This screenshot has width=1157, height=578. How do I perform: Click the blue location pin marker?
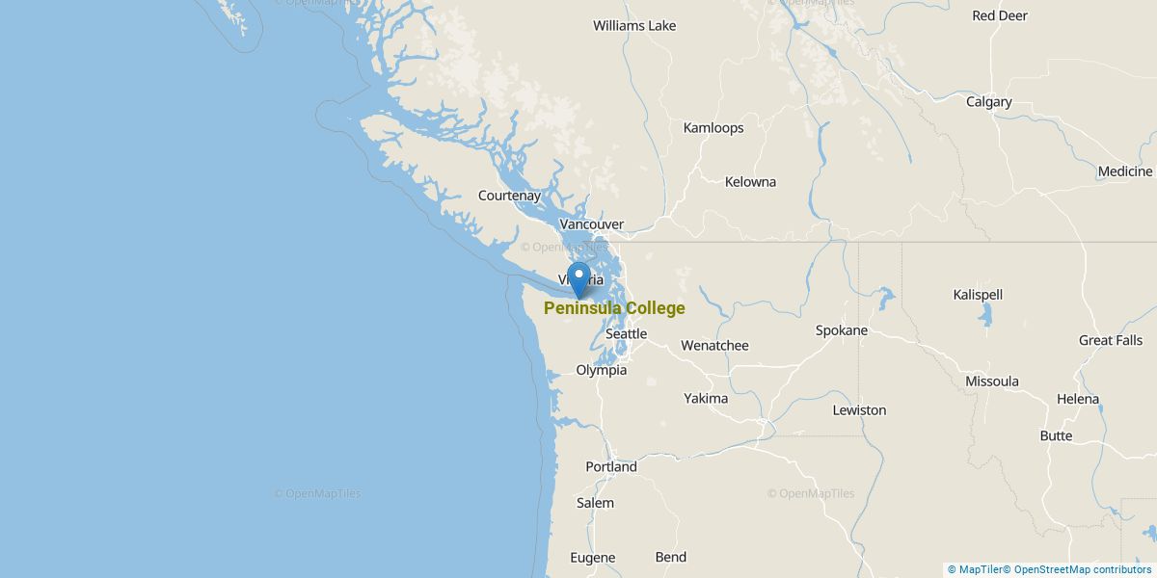pyautogui.click(x=578, y=277)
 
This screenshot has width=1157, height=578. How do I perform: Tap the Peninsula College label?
pyautogui.click(x=614, y=308)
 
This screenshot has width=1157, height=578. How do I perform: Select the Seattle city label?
pyautogui.click(x=626, y=333)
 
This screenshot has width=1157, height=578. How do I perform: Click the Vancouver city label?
pyautogui.click(x=591, y=224)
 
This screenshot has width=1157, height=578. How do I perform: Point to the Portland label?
pyautogui.click(x=611, y=467)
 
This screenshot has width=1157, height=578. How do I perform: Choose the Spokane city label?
pyautogui.click(x=842, y=330)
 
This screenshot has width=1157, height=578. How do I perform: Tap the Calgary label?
pyautogui.click(x=989, y=102)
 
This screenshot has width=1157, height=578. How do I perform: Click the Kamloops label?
pyautogui.click(x=713, y=128)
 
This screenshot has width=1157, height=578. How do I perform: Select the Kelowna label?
pyautogui.click(x=750, y=182)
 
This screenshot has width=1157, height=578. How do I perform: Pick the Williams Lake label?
pyautogui.click(x=634, y=26)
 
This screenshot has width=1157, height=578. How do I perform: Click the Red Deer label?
pyautogui.click(x=1000, y=15)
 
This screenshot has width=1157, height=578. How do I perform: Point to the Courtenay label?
pyautogui.click(x=510, y=196)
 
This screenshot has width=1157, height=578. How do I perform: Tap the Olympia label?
pyautogui.click(x=601, y=370)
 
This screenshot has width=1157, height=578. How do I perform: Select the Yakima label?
pyautogui.click(x=706, y=398)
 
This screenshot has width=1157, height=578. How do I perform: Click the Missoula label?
pyautogui.click(x=992, y=381)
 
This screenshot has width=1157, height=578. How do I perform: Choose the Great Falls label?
pyautogui.click(x=1111, y=340)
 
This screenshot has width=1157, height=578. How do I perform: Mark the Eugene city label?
pyautogui.click(x=592, y=558)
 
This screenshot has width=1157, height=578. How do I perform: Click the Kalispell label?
pyautogui.click(x=978, y=295)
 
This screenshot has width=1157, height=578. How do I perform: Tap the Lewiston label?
pyautogui.click(x=859, y=410)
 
